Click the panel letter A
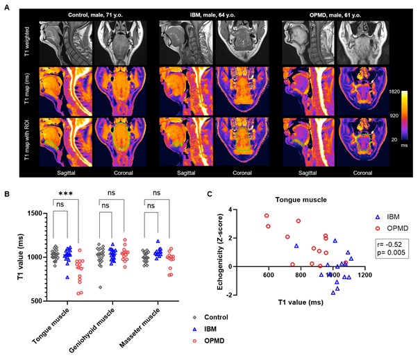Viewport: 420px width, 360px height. click(x=6, y=6)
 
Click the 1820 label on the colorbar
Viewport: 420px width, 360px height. click(x=401, y=72)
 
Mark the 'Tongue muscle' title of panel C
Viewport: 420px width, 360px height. click(x=300, y=200)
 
